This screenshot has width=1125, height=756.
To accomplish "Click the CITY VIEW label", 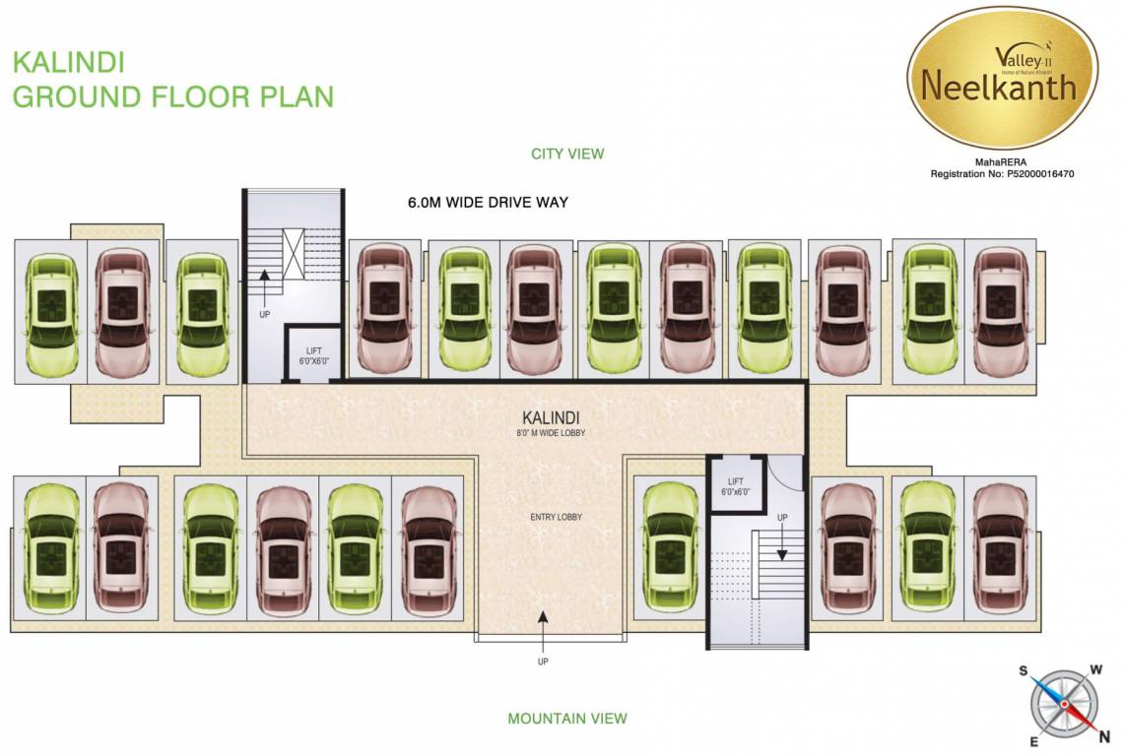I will (x=566, y=154).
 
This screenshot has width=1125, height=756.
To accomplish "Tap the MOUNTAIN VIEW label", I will (x=566, y=719).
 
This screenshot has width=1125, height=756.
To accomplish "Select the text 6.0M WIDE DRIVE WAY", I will (x=488, y=203).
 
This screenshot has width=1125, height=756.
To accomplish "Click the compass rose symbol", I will (x=1064, y=703).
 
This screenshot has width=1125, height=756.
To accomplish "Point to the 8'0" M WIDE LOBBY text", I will (x=543, y=433).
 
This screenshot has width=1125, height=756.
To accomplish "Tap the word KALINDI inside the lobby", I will (x=543, y=417).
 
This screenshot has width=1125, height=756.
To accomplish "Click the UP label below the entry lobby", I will (x=543, y=661).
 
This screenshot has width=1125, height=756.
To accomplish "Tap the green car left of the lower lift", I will (x=669, y=547).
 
